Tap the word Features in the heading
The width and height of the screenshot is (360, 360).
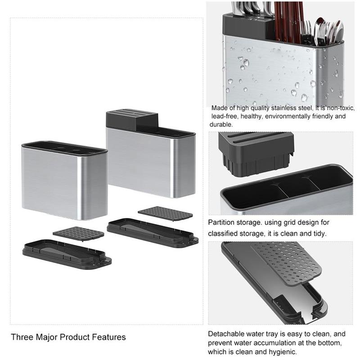click(x=109, y=337)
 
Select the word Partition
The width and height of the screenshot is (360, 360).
click(x=221, y=222)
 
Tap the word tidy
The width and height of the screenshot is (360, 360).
click(x=317, y=234)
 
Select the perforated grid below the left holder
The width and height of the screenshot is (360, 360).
click(x=78, y=233)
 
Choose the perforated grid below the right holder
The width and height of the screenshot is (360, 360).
click(x=165, y=213)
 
